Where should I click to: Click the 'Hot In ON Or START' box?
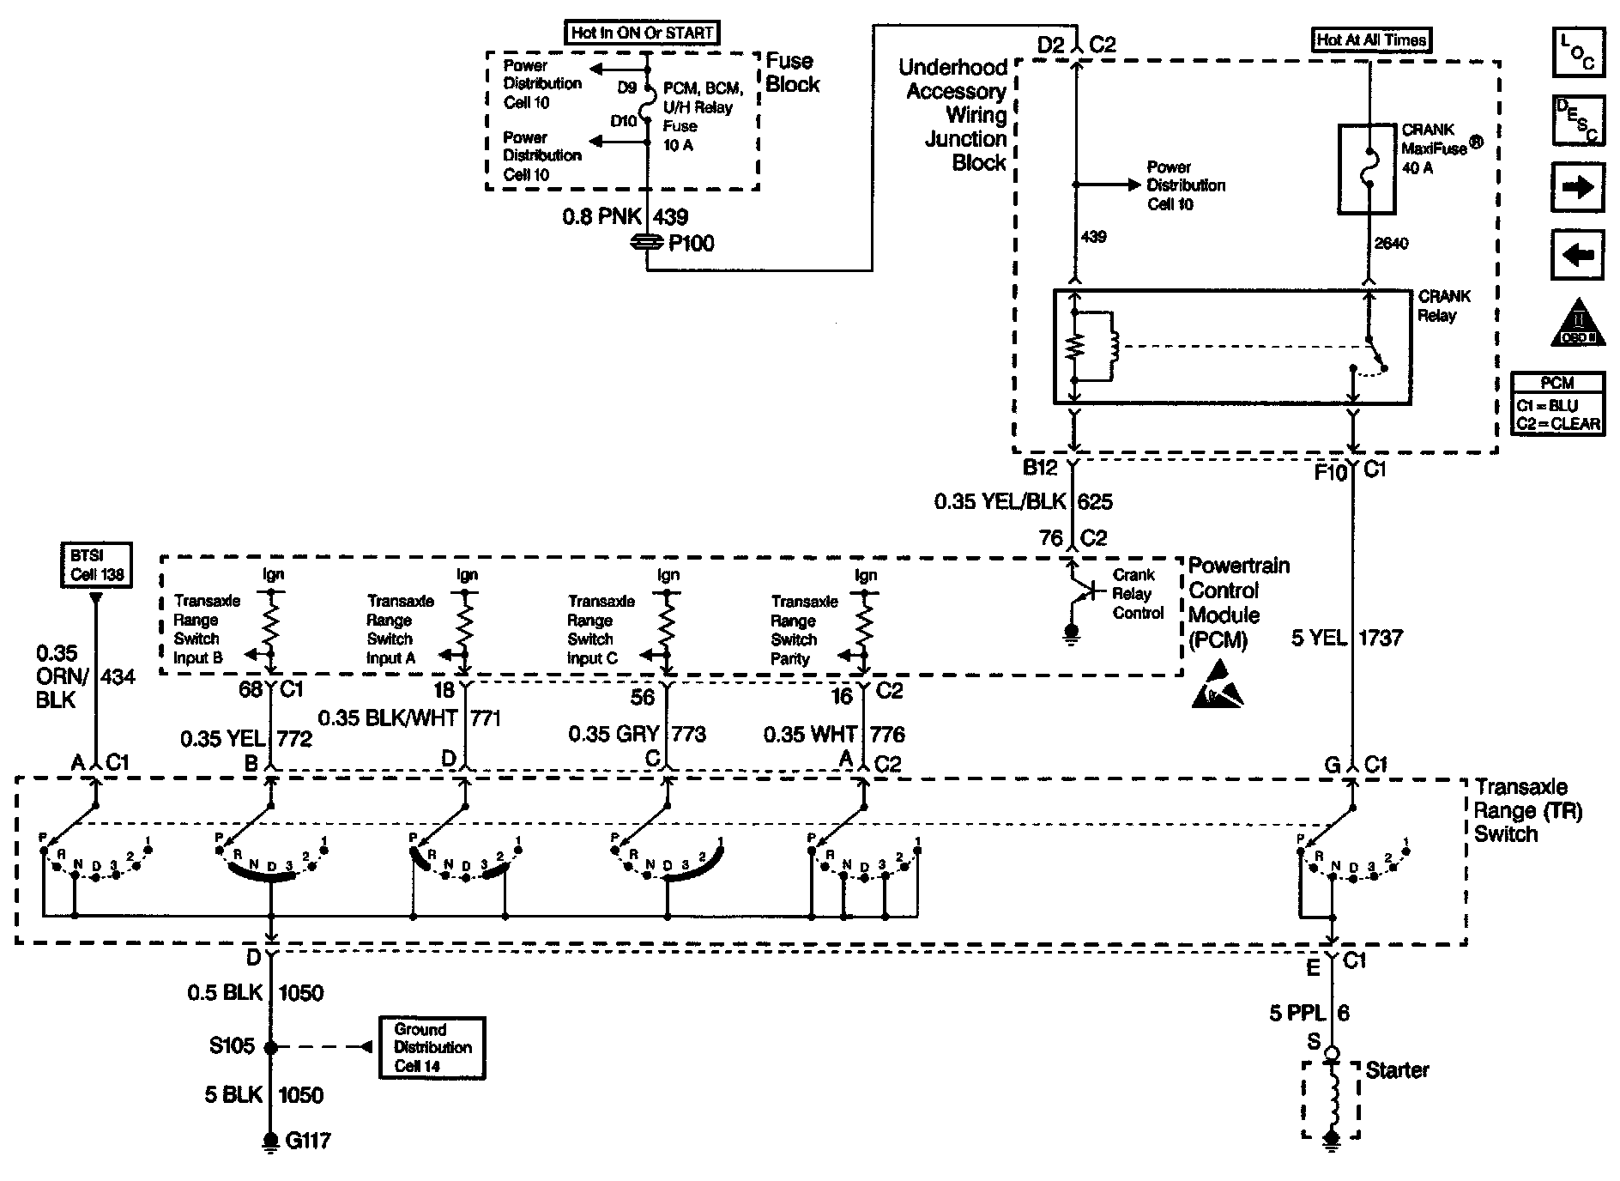coord(643,33)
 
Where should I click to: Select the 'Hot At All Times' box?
coord(1371,39)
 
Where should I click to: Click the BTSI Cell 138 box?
coord(97,565)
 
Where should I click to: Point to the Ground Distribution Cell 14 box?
coord(432,1047)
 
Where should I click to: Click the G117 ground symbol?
coord(271,1142)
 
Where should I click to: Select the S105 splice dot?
coord(271,1047)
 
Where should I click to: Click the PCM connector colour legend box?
coord(1557,404)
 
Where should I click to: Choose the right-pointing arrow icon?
coord(1577,187)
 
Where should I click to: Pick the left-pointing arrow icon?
coord(1577,255)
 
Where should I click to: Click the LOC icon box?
coord(1577,52)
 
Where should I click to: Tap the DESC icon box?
coord(1577,120)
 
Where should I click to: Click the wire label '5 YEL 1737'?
coord(1346,638)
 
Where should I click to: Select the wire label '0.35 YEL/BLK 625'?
coord(1023,501)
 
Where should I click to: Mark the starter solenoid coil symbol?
coord(1333,1099)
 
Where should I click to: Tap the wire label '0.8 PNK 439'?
coord(625,217)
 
